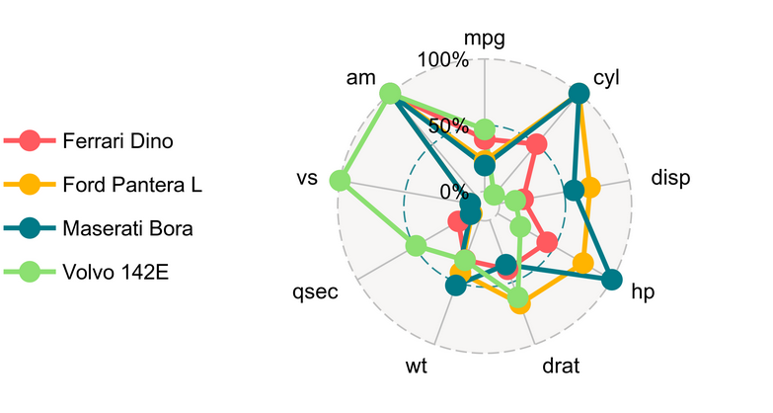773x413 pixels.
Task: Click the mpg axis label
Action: click(x=484, y=39)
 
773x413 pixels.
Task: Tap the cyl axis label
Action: click(x=606, y=77)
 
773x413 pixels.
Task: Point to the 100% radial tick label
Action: click(x=443, y=60)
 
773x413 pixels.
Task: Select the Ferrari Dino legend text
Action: click(x=117, y=140)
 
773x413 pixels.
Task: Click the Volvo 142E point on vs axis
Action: click(x=341, y=181)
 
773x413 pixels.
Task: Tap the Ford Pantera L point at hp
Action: click(x=582, y=263)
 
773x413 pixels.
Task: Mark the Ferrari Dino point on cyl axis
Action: click(x=536, y=145)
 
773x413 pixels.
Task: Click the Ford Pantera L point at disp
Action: click(x=590, y=189)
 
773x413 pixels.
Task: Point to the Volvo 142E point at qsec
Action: click(x=416, y=245)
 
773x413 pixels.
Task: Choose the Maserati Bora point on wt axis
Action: click(x=455, y=285)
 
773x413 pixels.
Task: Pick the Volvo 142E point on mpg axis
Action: click(x=484, y=129)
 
